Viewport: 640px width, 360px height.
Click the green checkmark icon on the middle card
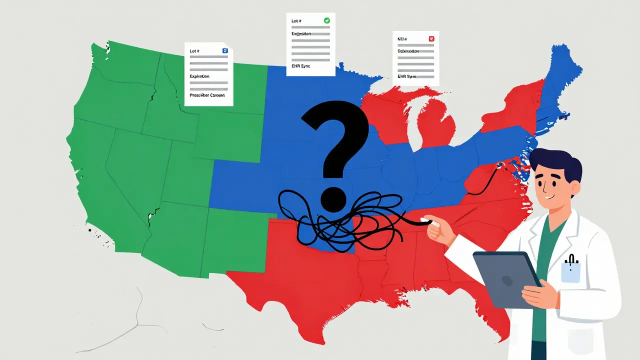(326, 20)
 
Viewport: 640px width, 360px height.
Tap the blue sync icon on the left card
(224, 50)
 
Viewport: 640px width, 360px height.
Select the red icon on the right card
(431, 38)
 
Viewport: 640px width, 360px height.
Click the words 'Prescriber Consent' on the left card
(207, 95)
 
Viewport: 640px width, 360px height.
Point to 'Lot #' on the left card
(194, 51)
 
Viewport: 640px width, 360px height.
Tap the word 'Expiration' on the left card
(199, 76)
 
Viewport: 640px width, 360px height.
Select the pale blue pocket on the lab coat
(570, 272)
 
